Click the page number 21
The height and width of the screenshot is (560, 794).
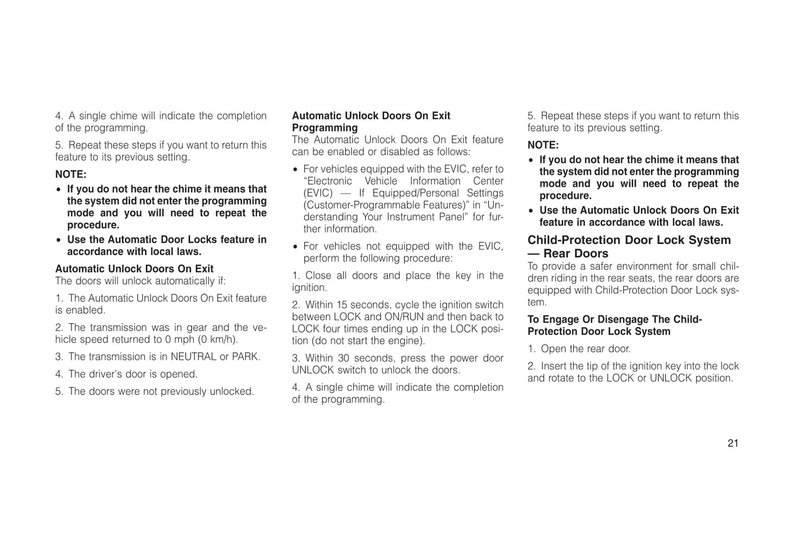pos(732,443)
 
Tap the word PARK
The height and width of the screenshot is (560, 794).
pos(245,357)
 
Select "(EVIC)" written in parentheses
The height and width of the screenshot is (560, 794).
pos(318,193)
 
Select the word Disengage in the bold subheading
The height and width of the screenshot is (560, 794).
pos(623,320)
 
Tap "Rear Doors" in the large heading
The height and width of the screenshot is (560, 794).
pos(576,254)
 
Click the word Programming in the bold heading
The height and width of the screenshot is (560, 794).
pos(325,128)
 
